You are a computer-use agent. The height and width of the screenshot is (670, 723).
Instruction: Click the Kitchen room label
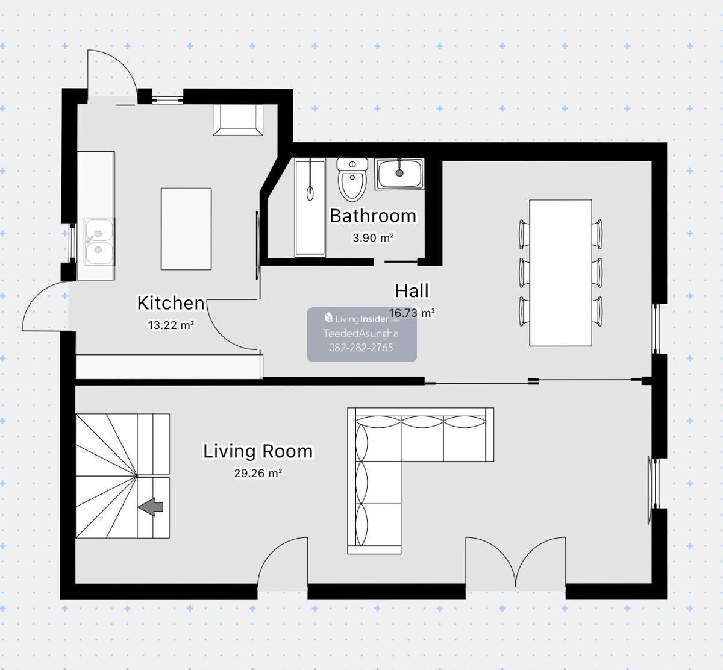(x=171, y=303)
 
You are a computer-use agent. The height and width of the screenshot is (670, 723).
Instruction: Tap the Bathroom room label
(x=373, y=216)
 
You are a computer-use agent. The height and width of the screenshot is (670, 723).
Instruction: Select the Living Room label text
(x=258, y=451)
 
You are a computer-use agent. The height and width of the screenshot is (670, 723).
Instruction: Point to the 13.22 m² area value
(x=171, y=325)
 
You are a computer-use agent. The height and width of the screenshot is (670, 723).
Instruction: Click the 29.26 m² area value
(x=258, y=473)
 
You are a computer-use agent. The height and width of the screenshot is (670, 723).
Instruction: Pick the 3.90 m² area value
(x=373, y=238)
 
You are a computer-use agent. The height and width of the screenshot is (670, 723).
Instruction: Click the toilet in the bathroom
(x=352, y=180)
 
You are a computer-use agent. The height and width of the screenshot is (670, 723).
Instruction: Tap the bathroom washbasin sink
(x=399, y=174)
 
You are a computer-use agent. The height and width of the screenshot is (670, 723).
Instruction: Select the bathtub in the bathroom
(x=310, y=207)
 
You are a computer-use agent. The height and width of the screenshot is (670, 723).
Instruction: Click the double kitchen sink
(x=99, y=242)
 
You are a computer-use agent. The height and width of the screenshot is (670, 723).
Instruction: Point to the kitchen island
(x=186, y=229)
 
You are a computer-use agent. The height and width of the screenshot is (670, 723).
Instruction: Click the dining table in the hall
(x=561, y=273)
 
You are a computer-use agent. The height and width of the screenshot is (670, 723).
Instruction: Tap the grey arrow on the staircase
(x=151, y=507)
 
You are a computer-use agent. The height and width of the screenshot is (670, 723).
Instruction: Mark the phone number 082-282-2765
(x=361, y=348)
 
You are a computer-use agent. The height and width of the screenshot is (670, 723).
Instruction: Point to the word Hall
(x=412, y=291)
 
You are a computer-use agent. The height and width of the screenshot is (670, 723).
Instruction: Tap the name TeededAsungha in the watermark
(x=361, y=334)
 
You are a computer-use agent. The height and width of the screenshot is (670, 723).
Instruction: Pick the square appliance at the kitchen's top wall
(x=238, y=120)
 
